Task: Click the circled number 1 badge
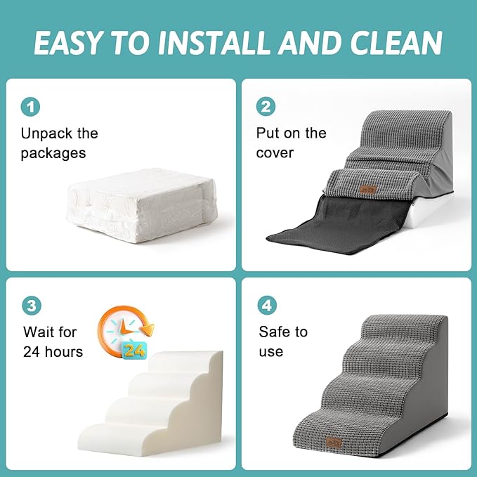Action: tap(30, 107)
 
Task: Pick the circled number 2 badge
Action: tap(266, 107)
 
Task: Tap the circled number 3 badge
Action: tap(30, 306)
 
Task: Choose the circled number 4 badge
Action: tap(266, 306)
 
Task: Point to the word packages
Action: tap(53, 153)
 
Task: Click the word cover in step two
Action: tap(275, 153)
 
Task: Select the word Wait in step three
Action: tap(39, 332)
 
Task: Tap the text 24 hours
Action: tap(53, 351)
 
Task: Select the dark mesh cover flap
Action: tap(330, 218)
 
